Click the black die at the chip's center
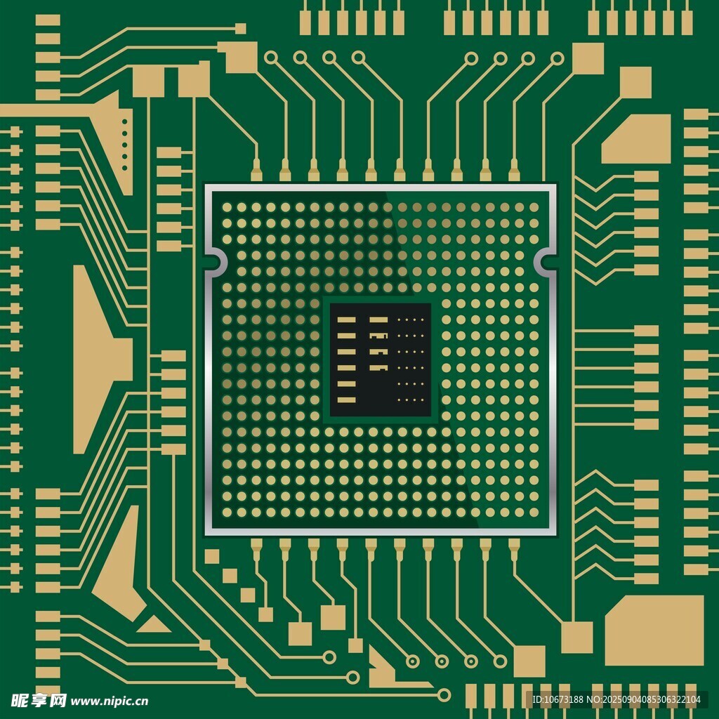click(380, 359)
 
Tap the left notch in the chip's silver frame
click(216, 263)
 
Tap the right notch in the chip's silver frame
click(546, 263)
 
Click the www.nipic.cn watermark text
click(109, 701)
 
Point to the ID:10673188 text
click(558, 699)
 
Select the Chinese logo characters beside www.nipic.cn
click(39, 700)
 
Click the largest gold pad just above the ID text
click(654, 631)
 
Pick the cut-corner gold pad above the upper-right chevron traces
click(636, 139)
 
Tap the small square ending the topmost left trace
click(240, 28)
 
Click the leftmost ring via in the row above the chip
click(271, 58)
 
